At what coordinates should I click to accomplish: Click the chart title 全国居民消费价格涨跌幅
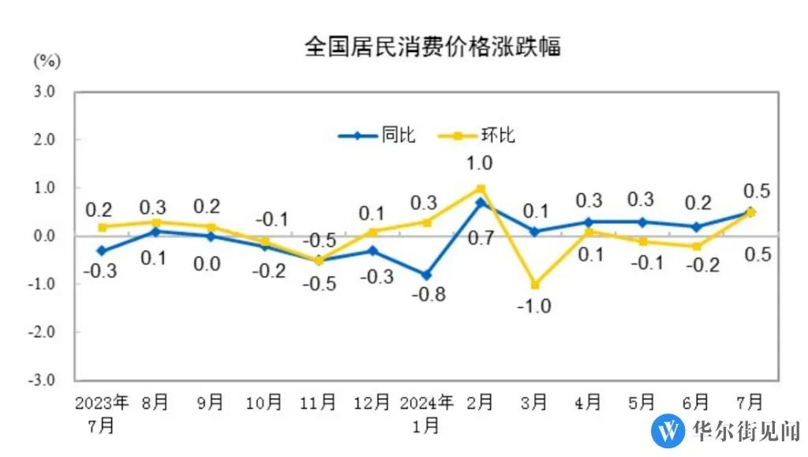coord(432,47)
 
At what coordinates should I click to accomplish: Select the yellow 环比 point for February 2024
coord(481,188)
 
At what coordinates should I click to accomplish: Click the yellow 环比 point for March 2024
coord(535,284)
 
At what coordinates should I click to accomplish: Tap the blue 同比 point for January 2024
coord(426,275)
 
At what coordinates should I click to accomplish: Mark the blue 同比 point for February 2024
coord(481,202)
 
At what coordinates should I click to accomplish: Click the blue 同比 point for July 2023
coord(102,250)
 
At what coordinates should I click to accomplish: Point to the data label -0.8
coord(429,295)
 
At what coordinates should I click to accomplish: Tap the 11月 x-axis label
coord(318,403)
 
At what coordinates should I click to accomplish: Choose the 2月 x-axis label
coord(481,403)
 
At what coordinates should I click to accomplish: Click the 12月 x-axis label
coord(372,403)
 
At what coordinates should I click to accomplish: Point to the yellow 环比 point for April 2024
coord(589,231)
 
